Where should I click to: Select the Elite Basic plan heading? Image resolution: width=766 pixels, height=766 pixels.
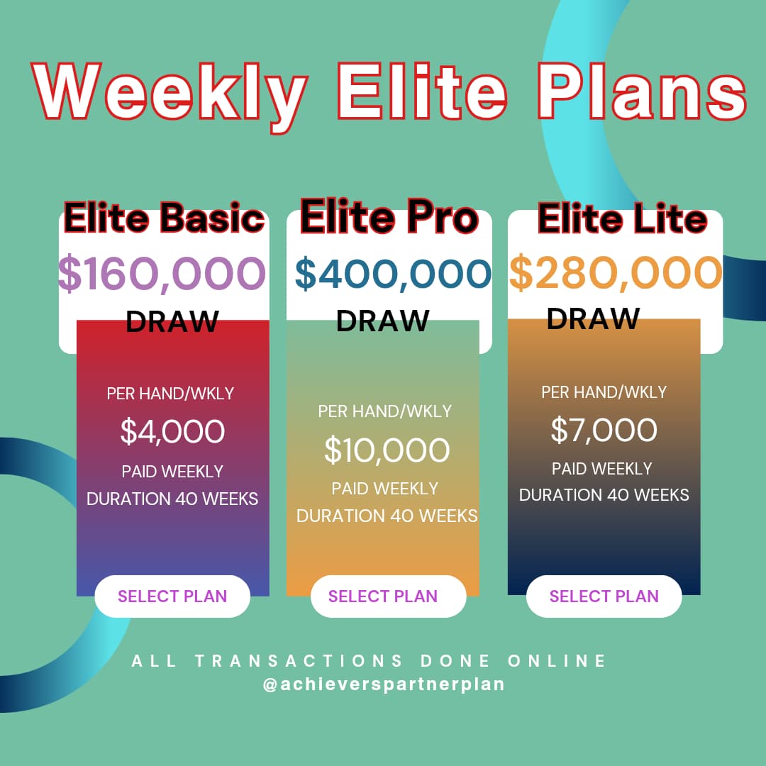164,218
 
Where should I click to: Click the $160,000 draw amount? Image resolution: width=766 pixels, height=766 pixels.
162,273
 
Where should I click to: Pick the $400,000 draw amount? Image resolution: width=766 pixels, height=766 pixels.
393,273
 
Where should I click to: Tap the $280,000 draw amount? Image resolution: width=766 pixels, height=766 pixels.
616,272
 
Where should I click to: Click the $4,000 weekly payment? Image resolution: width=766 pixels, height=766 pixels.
172,431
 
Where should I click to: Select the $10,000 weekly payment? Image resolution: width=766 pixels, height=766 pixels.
387,450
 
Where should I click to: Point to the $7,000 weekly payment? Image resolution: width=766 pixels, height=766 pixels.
604,429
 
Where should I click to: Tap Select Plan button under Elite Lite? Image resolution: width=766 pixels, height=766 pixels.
604,596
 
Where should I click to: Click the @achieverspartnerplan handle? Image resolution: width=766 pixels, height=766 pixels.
384,684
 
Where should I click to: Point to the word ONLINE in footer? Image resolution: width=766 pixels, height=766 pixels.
557,660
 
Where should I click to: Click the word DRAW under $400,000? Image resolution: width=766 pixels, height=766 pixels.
382,321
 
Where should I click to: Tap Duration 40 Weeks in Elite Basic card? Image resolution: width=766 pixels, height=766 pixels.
172,499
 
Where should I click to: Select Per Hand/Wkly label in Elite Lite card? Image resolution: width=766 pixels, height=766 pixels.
604,392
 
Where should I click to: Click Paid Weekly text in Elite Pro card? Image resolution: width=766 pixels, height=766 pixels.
385,489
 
